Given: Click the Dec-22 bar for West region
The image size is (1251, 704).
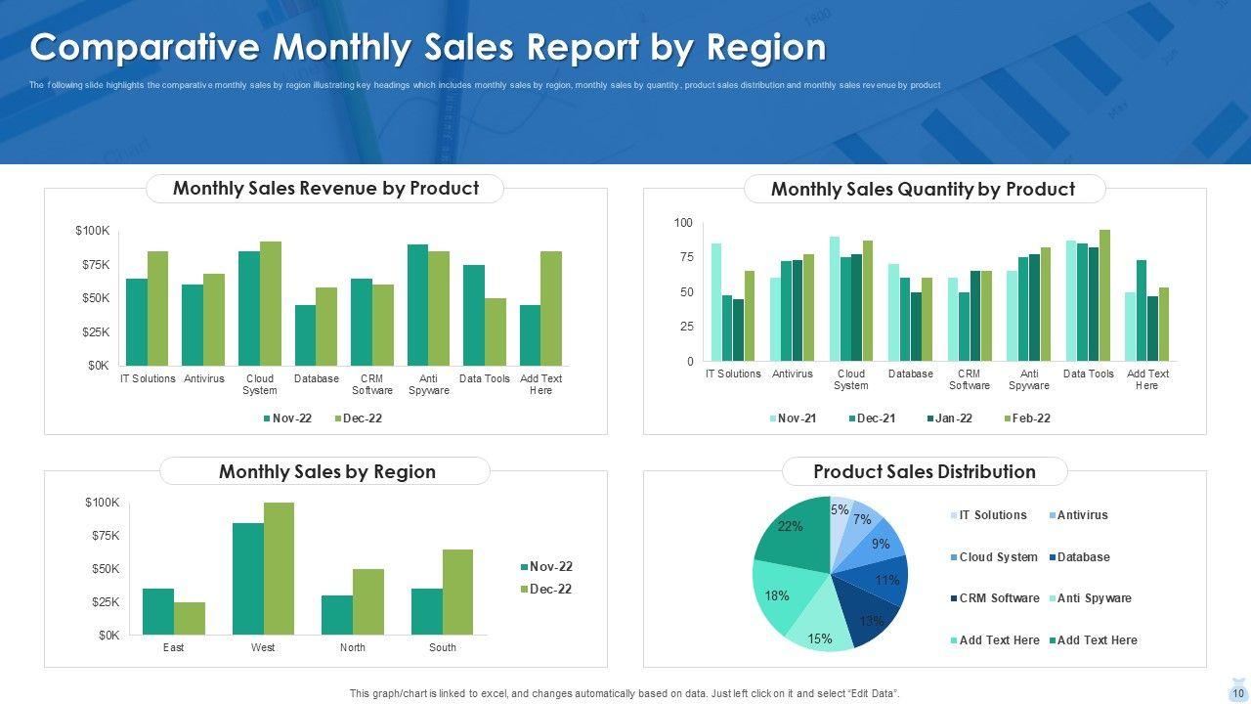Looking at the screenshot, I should [x=279, y=568].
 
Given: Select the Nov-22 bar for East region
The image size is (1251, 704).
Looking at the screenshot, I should [x=158, y=611].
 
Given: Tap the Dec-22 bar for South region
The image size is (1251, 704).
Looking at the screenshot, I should [x=457, y=592].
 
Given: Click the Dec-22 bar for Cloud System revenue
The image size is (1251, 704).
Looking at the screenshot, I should [x=271, y=303].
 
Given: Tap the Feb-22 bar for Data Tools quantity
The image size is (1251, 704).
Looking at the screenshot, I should [x=1104, y=295].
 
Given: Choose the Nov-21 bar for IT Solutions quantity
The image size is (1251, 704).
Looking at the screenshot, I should [x=716, y=302].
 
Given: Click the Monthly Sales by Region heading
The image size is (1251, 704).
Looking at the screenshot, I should [x=326, y=471].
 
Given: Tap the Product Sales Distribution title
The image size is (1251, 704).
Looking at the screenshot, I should [x=924, y=471].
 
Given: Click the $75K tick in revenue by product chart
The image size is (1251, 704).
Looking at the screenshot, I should [x=96, y=265].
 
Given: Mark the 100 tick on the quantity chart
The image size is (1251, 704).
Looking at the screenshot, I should [x=683, y=224].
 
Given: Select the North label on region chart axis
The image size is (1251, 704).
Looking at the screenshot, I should [x=353, y=647].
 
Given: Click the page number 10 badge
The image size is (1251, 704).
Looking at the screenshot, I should [x=1238, y=693].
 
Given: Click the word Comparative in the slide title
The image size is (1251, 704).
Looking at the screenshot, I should [x=146, y=47].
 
